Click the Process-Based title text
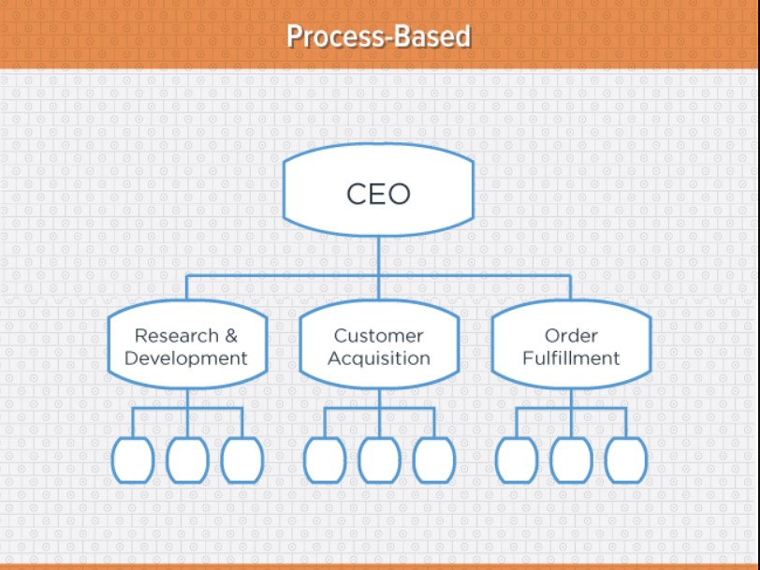(x=378, y=37)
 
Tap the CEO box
(x=378, y=190)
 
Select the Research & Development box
(x=187, y=344)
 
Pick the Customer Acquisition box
(x=379, y=344)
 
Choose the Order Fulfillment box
(x=571, y=344)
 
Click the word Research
(x=176, y=335)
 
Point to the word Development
(x=185, y=358)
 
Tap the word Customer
(x=378, y=335)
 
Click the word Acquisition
(x=378, y=358)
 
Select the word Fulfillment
(x=571, y=358)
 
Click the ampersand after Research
(x=231, y=335)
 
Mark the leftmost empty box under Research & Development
(x=133, y=460)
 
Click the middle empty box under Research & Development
(x=187, y=460)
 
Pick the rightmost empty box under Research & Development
(x=242, y=460)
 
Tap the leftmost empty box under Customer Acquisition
(x=325, y=460)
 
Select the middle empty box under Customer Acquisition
(x=379, y=460)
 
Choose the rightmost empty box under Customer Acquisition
(x=434, y=460)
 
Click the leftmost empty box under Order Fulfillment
(x=517, y=460)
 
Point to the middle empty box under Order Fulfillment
(x=572, y=460)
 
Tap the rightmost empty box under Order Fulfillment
(x=626, y=460)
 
